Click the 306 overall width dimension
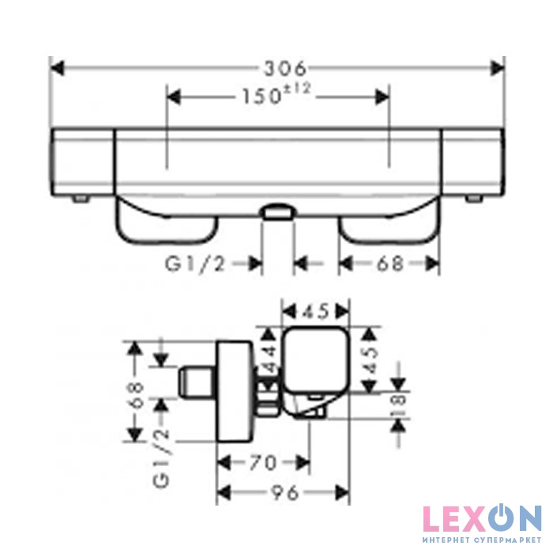pyautogui.click(x=285, y=69)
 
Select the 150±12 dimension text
pyautogui.click(x=276, y=94)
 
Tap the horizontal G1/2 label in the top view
pyautogui.click(x=194, y=264)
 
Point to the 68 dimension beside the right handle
pyautogui.click(x=390, y=264)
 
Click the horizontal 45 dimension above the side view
pyautogui.click(x=316, y=311)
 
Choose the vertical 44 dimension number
pyautogui.click(x=269, y=359)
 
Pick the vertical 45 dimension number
pyautogui.click(x=371, y=359)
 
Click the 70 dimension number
pyautogui.click(x=263, y=462)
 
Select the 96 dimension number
pyautogui.click(x=285, y=492)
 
